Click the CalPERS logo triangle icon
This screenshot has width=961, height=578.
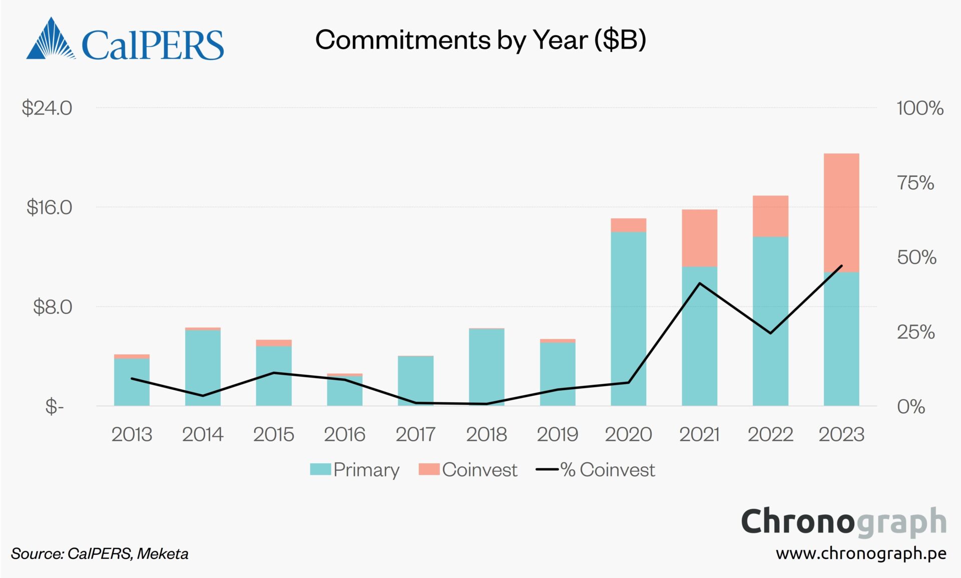[50, 40]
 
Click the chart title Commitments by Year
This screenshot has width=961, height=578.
[480, 40]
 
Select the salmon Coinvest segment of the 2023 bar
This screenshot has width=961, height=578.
[841, 213]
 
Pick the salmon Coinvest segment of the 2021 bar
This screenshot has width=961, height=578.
[699, 238]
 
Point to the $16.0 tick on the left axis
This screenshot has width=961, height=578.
[49, 207]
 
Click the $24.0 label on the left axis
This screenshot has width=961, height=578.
[47, 108]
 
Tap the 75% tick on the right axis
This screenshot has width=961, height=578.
[915, 183]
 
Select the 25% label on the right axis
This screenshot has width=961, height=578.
[915, 332]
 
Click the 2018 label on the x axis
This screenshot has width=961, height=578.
[486, 434]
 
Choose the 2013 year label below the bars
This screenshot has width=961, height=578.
[132, 434]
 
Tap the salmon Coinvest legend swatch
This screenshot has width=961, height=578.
[429, 469]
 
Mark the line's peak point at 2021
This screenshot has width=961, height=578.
[699, 283]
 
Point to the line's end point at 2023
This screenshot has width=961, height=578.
[841, 266]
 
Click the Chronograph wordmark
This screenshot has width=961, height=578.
[843, 522]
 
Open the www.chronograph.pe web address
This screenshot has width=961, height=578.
[861, 553]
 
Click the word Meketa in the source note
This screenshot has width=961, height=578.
[163, 554]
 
